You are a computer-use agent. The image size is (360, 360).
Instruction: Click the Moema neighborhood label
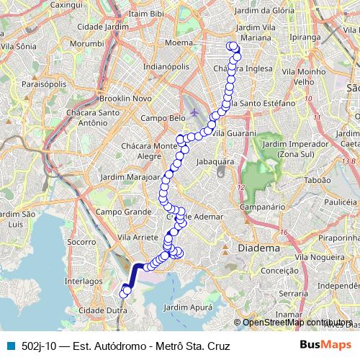click(x=178, y=42)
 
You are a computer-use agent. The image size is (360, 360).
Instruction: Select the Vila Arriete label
click(x=126, y=236)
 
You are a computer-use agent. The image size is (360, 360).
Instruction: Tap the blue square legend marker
click(x=9, y=346)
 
